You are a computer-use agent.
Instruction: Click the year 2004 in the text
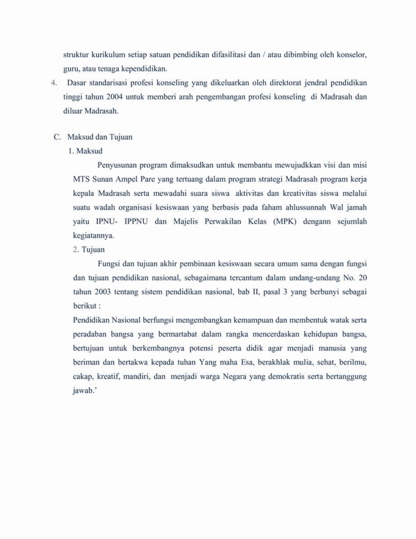[115, 97]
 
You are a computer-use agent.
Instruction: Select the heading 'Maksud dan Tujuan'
[100, 137]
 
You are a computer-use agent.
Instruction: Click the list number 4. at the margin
[54, 83]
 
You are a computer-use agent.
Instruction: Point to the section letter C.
[57, 137]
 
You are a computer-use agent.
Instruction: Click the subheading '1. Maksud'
[85, 151]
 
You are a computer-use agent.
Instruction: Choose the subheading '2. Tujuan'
[89, 250]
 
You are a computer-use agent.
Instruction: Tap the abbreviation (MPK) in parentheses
[284, 221]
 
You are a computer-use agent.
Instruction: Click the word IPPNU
[136, 221]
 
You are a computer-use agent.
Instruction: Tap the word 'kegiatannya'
[93, 236]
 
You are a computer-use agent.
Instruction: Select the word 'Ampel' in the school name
[131, 179]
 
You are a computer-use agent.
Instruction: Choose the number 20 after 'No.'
[362, 278]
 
